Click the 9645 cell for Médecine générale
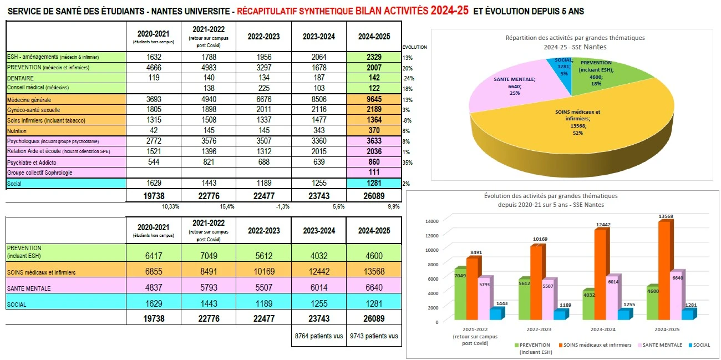coord(374,99)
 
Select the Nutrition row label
coord(17,131)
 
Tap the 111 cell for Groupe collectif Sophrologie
coord(374,173)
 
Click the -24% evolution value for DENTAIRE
coord(408,78)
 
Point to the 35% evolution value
coord(407,163)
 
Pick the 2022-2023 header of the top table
coord(263,37)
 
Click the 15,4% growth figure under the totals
coord(227,206)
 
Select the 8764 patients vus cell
coord(319,336)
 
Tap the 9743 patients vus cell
coord(374,336)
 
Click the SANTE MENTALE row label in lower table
coord(29,288)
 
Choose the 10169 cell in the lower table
coord(264,271)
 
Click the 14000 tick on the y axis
coord(431,221)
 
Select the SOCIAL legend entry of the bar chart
coord(699,345)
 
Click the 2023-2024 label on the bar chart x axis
coord(603,329)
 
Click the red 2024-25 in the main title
coord(449,11)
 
